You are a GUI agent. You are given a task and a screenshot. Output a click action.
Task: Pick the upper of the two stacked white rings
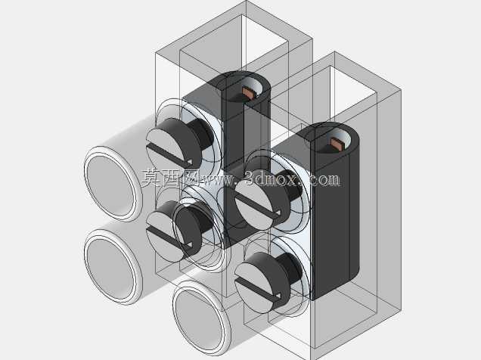point(113,183)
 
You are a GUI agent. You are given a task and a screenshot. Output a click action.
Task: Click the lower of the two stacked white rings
point(113,267)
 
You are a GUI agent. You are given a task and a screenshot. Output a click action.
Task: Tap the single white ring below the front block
point(201,318)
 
